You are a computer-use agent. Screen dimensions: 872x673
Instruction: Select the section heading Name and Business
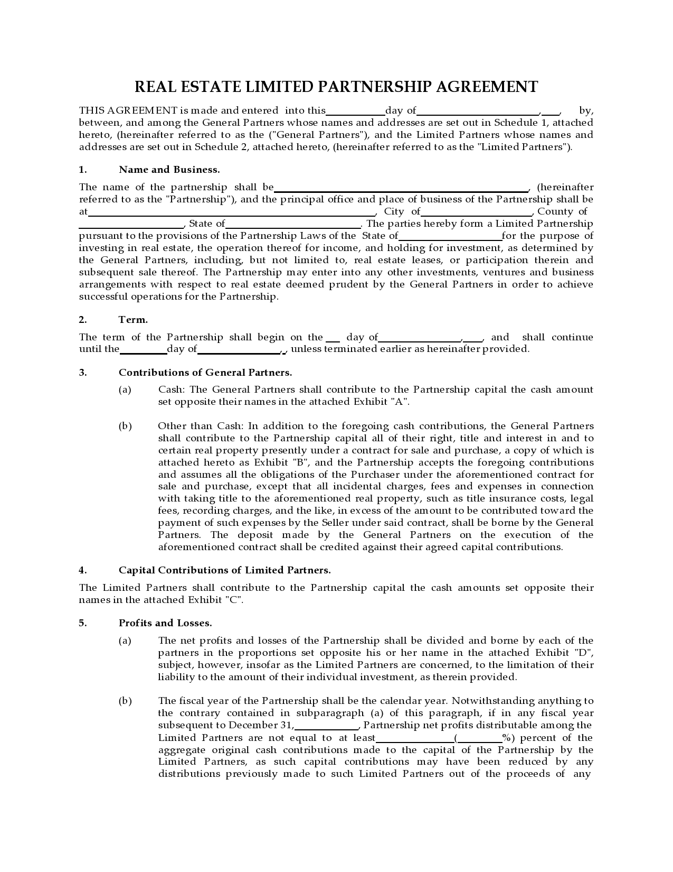point(169,170)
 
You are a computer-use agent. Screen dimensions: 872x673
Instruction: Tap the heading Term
point(133,320)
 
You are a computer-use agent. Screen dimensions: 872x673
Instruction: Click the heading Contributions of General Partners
point(205,373)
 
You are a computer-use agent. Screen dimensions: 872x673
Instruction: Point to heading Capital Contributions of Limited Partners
point(224,570)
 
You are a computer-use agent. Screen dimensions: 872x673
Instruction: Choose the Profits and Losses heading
point(165,623)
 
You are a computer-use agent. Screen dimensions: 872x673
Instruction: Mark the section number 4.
point(83,570)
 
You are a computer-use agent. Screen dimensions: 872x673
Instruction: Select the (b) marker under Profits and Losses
point(125,701)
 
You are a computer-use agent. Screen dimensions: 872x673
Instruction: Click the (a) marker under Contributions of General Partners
point(125,389)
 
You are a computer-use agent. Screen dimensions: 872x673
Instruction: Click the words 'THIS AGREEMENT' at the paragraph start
point(128,110)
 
